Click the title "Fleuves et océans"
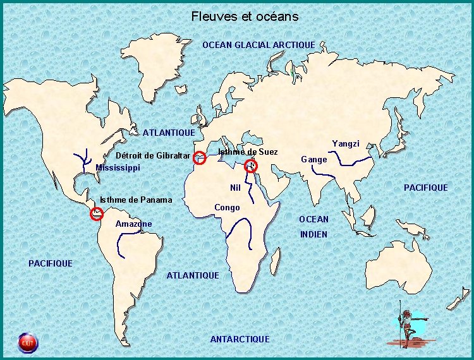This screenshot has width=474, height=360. click(x=245, y=16)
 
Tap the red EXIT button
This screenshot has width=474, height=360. click(x=27, y=343)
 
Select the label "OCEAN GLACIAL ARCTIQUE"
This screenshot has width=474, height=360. click(x=258, y=45)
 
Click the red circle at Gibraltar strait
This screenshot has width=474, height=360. click(x=200, y=158)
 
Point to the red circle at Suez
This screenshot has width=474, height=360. click(x=251, y=166)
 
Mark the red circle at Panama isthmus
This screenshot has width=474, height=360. click(x=97, y=213)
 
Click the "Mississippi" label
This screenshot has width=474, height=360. click(x=118, y=168)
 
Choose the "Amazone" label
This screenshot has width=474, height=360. click(x=133, y=224)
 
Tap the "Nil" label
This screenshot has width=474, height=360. click(x=236, y=188)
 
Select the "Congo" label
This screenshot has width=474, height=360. click(x=227, y=208)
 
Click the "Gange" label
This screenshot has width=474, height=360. click(x=314, y=159)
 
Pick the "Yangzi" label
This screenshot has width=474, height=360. click(x=346, y=144)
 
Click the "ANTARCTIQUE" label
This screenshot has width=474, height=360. click(x=240, y=339)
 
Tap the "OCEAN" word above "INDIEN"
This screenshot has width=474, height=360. click(x=313, y=219)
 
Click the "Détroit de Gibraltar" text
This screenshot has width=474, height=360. click(x=153, y=156)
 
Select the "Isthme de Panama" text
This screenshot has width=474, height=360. click(x=136, y=200)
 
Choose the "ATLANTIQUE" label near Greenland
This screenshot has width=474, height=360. click(x=169, y=133)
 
